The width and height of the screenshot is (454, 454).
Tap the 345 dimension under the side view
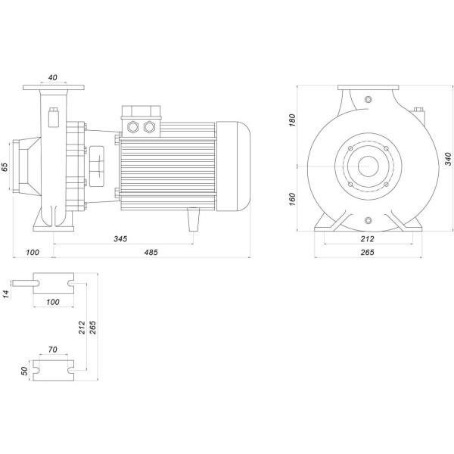point(120,239)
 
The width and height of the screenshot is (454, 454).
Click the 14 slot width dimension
point(5,293)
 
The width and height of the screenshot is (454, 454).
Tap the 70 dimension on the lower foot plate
point(52,351)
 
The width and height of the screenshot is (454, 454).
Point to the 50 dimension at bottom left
point(25,371)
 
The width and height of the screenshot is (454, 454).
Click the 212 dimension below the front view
point(368,239)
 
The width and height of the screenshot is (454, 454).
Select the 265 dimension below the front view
point(368,253)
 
